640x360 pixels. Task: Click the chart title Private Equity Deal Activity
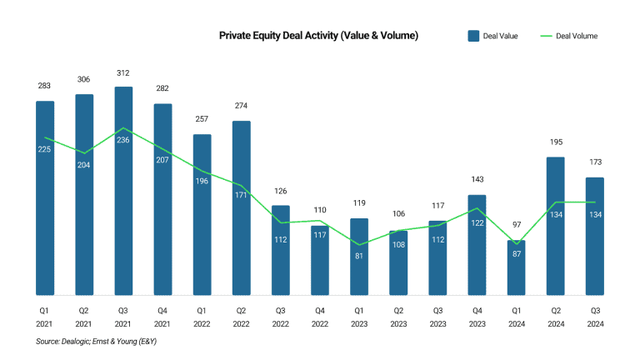coord(318,36)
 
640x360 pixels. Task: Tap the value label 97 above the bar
coord(516,225)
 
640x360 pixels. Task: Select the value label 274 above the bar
coord(241,106)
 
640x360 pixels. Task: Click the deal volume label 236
coord(123,140)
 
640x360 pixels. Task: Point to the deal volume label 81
coord(359,256)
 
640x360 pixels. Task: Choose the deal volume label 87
coord(516,253)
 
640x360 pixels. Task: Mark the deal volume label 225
coord(45,149)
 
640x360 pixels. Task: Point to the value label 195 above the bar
coord(555,142)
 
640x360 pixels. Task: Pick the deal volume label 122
coord(477,222)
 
